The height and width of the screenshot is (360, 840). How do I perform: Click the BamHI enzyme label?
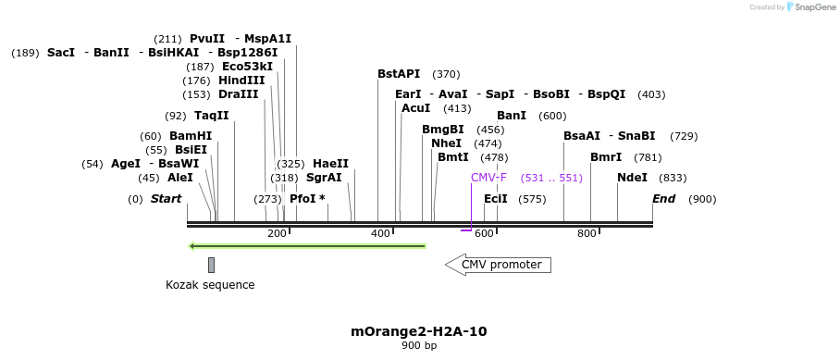coord(191,136)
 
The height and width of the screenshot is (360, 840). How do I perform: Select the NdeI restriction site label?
coord(632,178)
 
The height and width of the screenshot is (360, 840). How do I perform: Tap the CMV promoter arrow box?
coord(499,265)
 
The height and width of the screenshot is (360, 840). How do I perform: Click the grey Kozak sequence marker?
coord(211,265)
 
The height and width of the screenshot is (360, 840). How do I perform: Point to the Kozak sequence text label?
coord(210,285)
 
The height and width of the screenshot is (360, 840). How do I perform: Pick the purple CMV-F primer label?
coord(488,178)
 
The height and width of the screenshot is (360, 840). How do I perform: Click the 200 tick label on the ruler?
coord(277,233)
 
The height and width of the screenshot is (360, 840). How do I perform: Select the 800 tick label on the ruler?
coord(587,233)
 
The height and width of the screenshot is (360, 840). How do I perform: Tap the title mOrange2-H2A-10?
coord(419,330)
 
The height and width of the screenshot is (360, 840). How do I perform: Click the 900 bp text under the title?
coord(419,346)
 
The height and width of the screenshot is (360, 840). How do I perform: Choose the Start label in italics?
coord(166,199)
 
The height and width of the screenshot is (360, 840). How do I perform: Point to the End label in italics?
coord(663,199)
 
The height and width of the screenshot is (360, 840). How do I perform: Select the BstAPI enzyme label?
coord(399,74)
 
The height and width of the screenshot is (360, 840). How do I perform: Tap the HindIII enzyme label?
coord(241,81)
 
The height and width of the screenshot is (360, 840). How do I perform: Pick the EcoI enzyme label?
coord(496,199)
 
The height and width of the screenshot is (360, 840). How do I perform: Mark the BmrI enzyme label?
coord(606,157)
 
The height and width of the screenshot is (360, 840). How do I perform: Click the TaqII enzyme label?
coord(211,116)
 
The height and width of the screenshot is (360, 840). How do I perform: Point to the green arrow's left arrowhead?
coord(192,246)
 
